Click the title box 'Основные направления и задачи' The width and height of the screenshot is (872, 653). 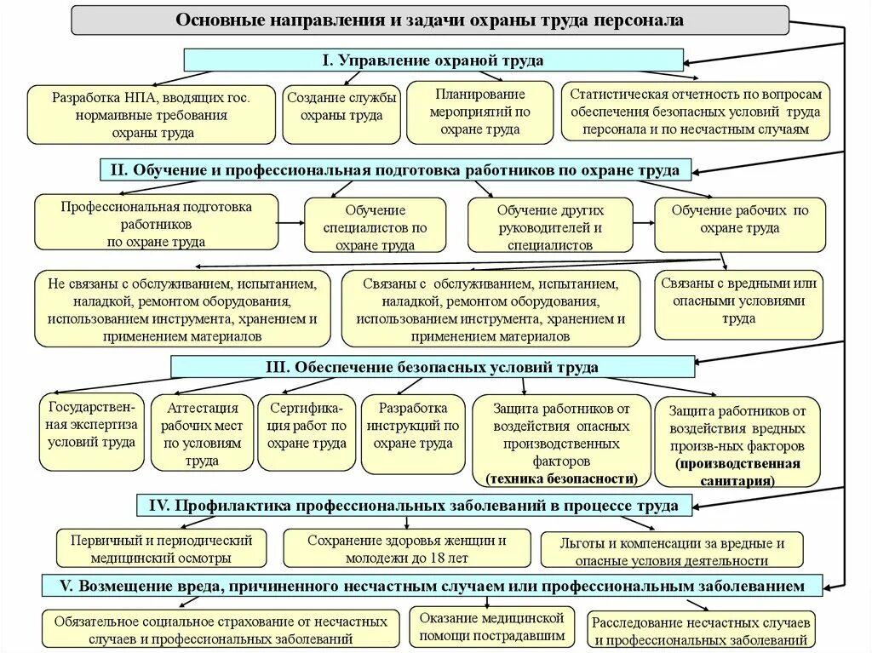429,20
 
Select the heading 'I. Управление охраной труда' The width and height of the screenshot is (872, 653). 433,60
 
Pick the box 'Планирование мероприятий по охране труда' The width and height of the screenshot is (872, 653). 480,112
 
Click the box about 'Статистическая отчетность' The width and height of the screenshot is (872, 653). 694,112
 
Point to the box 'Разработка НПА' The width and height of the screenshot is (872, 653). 152,114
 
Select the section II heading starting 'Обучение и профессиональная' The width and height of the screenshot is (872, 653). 395,170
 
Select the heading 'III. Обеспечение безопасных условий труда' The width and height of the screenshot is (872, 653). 433,367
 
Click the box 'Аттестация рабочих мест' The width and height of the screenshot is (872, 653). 202,432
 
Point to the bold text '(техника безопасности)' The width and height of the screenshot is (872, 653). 561,478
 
